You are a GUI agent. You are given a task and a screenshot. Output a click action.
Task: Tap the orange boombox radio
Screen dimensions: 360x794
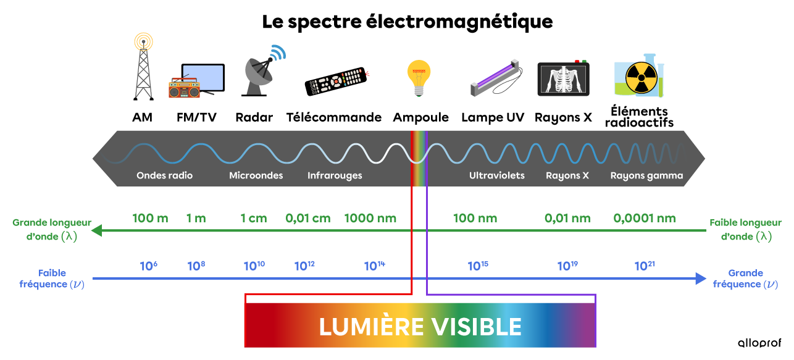point(184,88)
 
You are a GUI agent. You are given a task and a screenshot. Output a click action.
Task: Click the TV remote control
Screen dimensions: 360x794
point(336,81)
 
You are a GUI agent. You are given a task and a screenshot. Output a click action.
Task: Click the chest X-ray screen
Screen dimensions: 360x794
point(562,79)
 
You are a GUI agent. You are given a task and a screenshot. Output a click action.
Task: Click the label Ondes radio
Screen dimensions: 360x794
point(164,175)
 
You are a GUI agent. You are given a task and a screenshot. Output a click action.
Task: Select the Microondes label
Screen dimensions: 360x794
point(256,175)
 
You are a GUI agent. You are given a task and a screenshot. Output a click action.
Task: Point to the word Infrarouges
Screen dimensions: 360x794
point(335,175)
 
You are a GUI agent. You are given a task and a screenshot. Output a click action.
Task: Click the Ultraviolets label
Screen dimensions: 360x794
point(496,175)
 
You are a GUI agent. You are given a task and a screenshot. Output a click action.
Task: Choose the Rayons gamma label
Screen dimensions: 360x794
point(646,175)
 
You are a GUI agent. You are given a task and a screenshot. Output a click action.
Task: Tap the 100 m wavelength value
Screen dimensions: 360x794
point(150,218)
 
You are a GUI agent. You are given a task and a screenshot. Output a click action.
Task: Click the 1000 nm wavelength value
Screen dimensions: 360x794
point(370,218)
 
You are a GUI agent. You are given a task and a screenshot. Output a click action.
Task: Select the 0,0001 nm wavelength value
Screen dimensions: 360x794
point(644,218)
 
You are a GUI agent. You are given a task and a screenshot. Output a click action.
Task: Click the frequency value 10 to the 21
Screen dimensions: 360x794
point(644,266)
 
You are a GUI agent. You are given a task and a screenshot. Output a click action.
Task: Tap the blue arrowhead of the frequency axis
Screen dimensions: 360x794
point(700,278)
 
